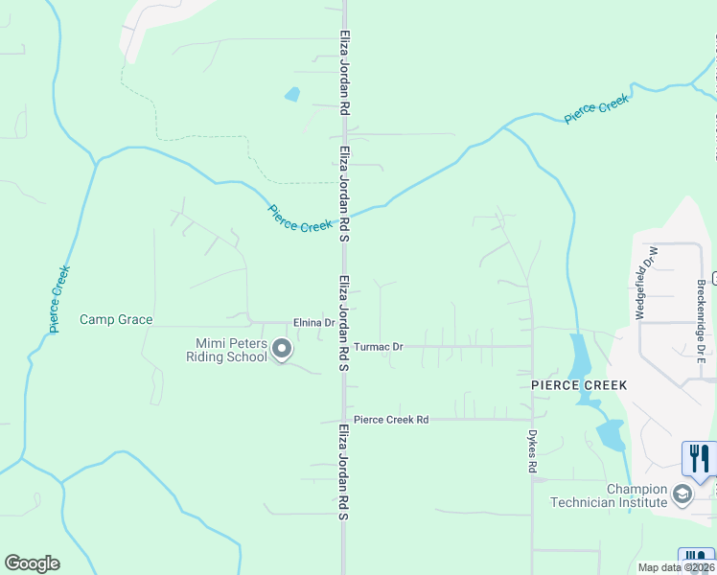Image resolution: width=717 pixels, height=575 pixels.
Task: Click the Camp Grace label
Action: point(116,320)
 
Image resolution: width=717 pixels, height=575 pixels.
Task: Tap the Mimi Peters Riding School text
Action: point(230,350)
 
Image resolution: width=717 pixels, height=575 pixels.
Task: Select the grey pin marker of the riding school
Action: point(282,350)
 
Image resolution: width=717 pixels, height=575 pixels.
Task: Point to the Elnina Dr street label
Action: point(313,323)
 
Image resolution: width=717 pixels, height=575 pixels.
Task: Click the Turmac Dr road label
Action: point(378,346)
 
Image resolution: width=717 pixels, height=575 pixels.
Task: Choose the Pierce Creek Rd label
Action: point(390,420)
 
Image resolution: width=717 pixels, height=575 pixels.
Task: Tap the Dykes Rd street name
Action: point(532,450)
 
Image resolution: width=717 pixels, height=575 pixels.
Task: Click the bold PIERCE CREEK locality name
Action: point(579,385)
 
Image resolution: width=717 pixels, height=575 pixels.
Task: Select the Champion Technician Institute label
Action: point(608,495)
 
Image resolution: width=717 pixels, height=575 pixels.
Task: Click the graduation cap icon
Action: point(682,494)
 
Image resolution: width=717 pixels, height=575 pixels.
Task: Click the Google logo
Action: point(32,563)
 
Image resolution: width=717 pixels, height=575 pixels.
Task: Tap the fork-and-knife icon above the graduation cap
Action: point(699,458)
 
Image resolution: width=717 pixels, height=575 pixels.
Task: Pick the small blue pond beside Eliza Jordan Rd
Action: point(291,95)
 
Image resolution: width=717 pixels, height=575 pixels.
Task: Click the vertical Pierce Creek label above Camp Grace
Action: point(59,299)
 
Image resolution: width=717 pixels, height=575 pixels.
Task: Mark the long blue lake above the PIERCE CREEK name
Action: point(581,356)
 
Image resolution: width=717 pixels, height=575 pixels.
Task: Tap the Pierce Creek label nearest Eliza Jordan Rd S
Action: point(300,219)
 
